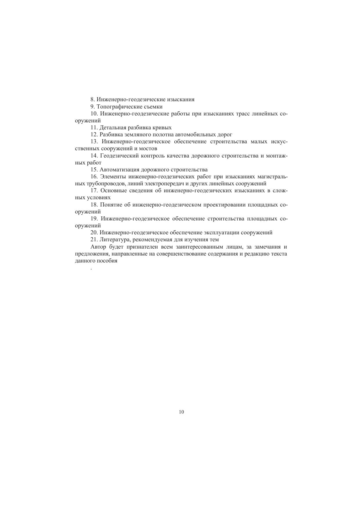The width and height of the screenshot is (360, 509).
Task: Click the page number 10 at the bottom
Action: coord(182,412)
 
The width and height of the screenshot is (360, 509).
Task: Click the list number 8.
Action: coord(92,99)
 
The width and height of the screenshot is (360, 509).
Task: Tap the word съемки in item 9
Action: coord(153,107)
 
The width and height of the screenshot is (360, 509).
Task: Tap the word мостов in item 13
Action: coord(148,148)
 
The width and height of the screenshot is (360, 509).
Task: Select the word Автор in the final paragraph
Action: coord(98,247)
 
